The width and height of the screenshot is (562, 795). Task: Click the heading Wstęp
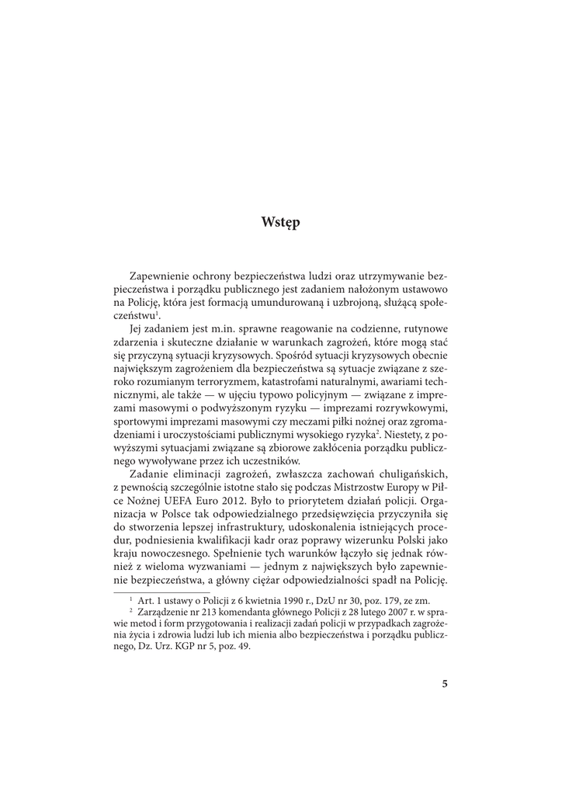coord(281,223)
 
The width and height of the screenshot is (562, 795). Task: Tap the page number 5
coord(445,684)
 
